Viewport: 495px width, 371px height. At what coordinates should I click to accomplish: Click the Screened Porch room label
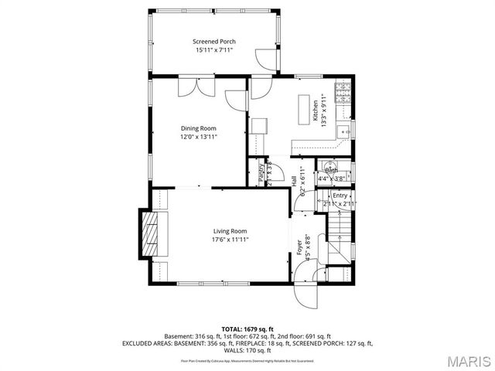point(214,41)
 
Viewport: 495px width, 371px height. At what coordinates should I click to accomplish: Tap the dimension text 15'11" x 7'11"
point(214,50)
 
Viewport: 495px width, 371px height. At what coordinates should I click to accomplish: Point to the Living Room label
point(230,231)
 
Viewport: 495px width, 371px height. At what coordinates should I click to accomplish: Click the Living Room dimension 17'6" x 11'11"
point(230,240)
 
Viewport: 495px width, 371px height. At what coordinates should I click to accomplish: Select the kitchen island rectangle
point(303,110)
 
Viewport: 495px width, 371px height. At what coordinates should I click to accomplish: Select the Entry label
point(340,196)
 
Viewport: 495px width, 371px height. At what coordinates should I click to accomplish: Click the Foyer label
point(299,248)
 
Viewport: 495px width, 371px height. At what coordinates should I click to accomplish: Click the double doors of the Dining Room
point(192,87)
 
